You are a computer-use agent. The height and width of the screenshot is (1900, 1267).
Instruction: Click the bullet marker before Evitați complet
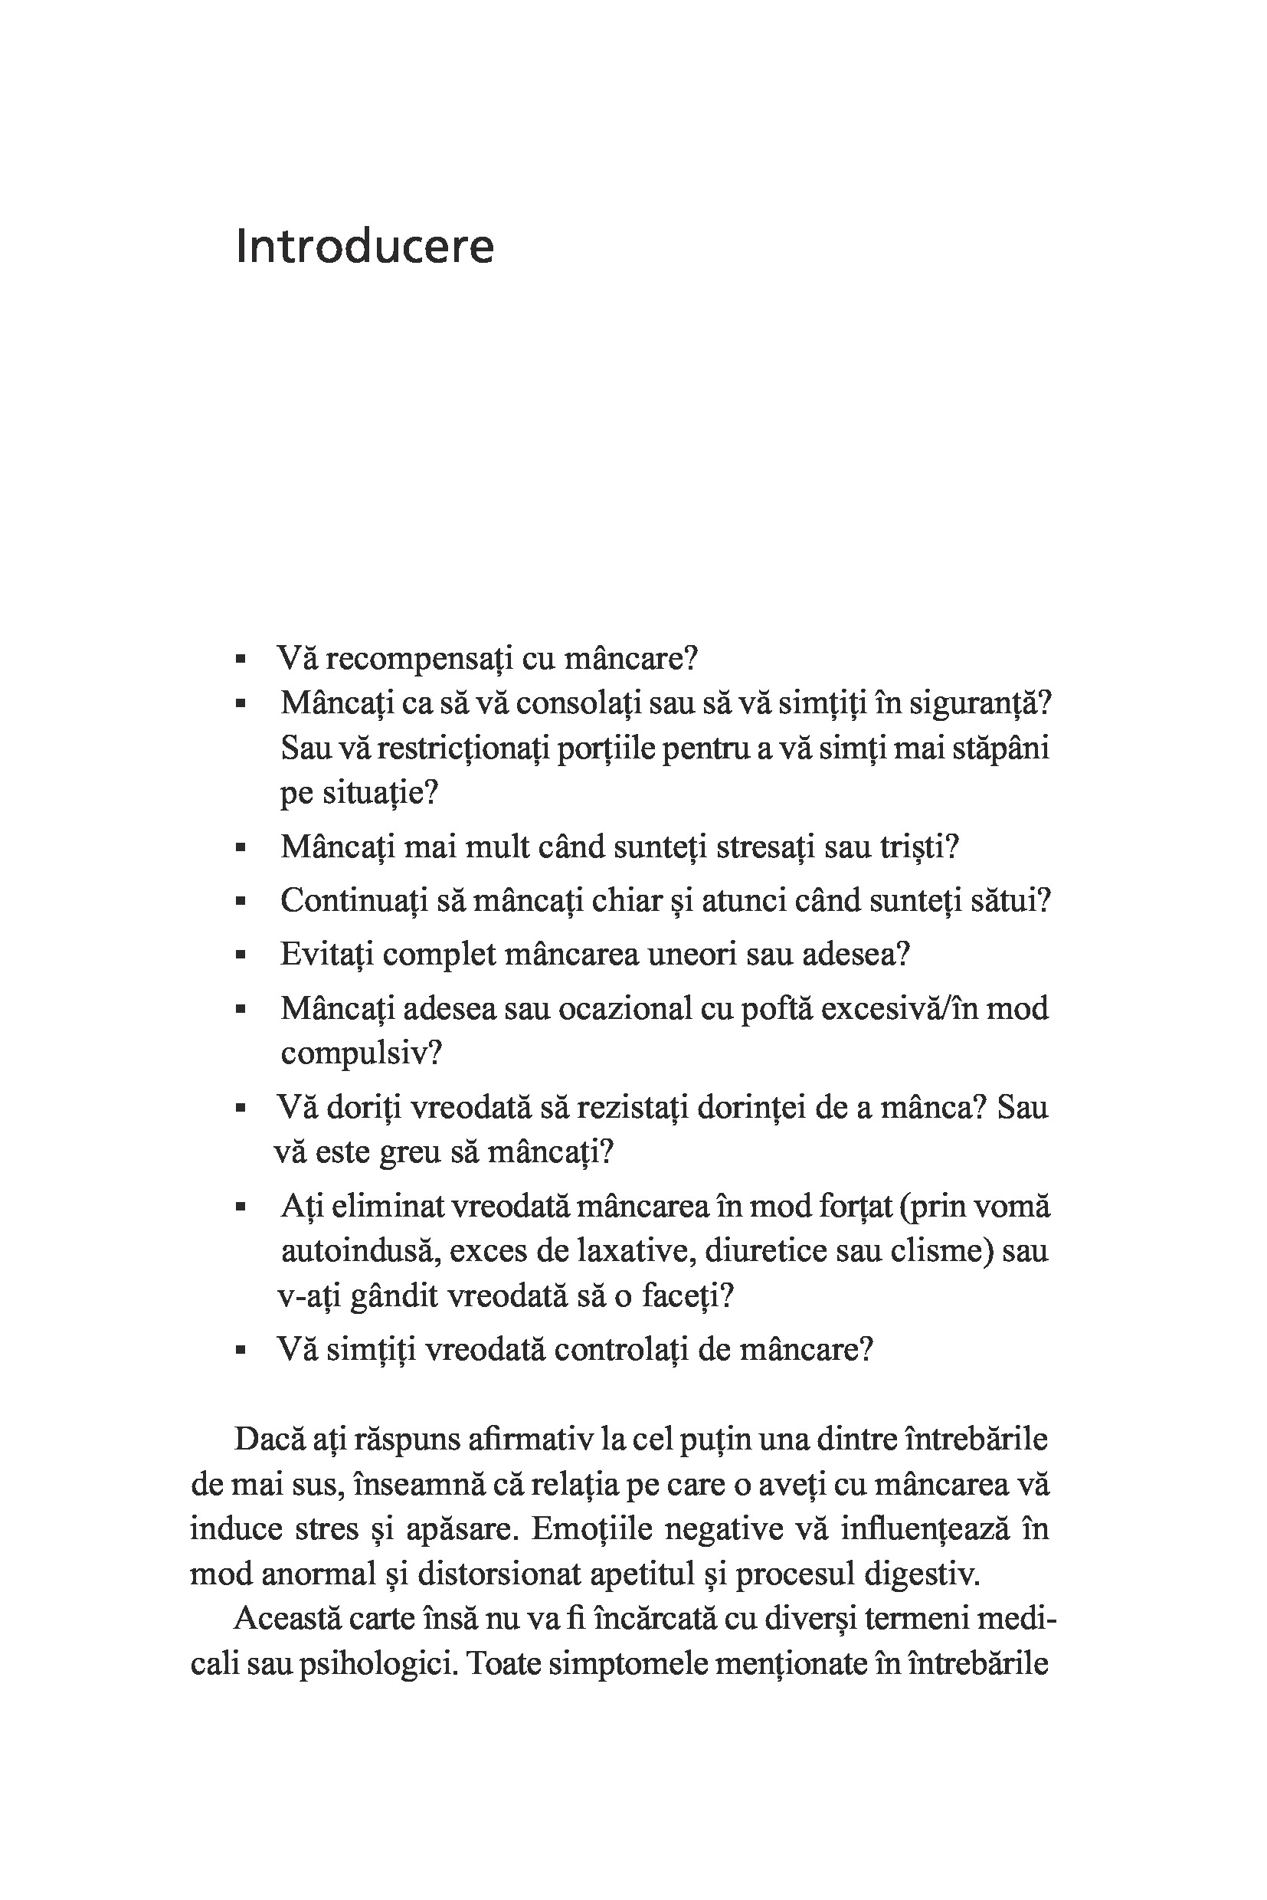coord(240,955)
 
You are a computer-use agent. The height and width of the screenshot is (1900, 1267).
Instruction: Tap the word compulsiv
coord(358,1053)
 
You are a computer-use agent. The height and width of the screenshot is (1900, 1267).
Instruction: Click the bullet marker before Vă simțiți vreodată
coord(240,1351)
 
